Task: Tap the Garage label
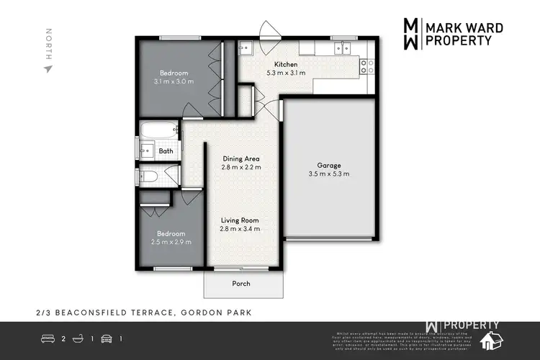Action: point(328,165)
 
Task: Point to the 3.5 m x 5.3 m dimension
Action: point(328,174)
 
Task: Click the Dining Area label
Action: point(240,158)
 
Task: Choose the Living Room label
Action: point(240,220)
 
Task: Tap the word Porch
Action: point(240,284)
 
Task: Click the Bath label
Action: point(166,151)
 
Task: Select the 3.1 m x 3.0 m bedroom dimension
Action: point(174,82)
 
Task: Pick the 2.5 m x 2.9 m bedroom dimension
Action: point(171,243)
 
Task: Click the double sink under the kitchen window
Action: point(341,49)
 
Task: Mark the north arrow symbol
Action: point(48,69)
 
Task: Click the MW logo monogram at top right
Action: point(409,33)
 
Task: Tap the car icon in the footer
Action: point(106,338)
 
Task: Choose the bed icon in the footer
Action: point(48,338)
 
